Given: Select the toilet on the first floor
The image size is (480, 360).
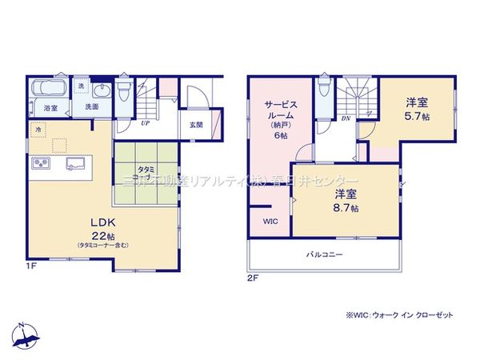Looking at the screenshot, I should (123, 91).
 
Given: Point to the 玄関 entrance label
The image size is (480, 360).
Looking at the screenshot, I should (196, 124).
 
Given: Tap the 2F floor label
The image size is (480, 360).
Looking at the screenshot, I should (254, 278).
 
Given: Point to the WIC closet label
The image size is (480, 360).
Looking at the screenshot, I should (269, 223).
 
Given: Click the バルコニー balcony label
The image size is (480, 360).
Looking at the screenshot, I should (324, 256).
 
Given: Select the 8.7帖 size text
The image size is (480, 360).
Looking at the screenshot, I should (346, 208).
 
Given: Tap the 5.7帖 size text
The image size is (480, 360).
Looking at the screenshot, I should (415, 115).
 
